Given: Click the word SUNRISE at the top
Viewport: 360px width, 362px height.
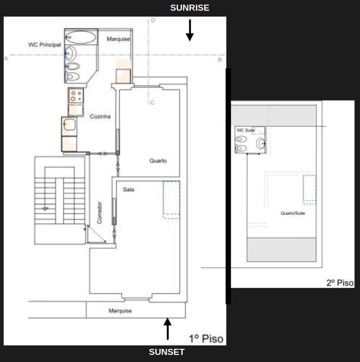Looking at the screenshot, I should pyautogui.click(x=189, y=8).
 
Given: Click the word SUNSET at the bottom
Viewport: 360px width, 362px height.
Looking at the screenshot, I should pyautogui.click(x=167, y=352).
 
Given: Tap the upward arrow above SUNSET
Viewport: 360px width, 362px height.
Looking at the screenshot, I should pyautogui.click(x=167, y=329).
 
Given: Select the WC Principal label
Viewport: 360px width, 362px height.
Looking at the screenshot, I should pyautogui.click(x=45, y=45).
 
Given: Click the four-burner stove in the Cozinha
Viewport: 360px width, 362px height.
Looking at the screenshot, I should pyautogui.click(x=76, y=97).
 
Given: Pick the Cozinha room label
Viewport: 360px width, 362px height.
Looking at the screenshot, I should pyautogui.click(x=100, y=116).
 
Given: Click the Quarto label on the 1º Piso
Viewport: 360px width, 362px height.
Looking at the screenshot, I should pyautogui.click(x=158, y=161).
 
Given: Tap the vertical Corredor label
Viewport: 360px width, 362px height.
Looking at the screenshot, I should pyautogui.click(x=99, y=213).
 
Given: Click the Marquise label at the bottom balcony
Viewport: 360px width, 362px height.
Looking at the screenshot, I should pyautogui.click(x=120, y=311).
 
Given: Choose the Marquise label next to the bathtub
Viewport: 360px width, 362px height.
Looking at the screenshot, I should pyautogui.click(x=118, y=39).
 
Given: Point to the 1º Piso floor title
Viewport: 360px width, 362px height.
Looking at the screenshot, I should pyautogui.click(x=206, y=338).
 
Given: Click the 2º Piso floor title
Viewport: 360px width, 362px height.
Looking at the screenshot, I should pyautogui.click(x=340, y=283).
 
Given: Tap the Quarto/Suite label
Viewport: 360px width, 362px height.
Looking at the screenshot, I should pyautogui.click(x=293, y=213).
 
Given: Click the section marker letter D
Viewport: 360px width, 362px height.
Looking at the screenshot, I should pyautogui.click(x=153, y=20).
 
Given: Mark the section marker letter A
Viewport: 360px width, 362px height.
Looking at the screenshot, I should pyautogui.click(x=6, y=59).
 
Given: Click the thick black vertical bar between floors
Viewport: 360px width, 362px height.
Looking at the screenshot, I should pyautogui.click(x=229, y=186).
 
